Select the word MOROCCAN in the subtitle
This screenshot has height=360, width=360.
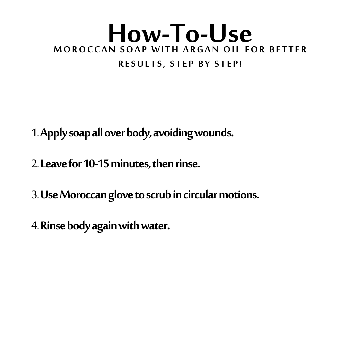click(85, 50)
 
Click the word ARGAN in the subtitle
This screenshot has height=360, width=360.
click(201, 50)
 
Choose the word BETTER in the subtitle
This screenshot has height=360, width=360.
click(288, 50)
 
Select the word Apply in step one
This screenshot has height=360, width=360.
click(54, 133)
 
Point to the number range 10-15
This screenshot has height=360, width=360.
click(96, 164)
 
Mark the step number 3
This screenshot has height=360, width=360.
click(35, 195)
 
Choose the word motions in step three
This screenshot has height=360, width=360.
click(239, 195)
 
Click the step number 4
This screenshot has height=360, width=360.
click(35, 226)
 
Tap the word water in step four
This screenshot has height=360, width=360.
click(155, 226)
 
